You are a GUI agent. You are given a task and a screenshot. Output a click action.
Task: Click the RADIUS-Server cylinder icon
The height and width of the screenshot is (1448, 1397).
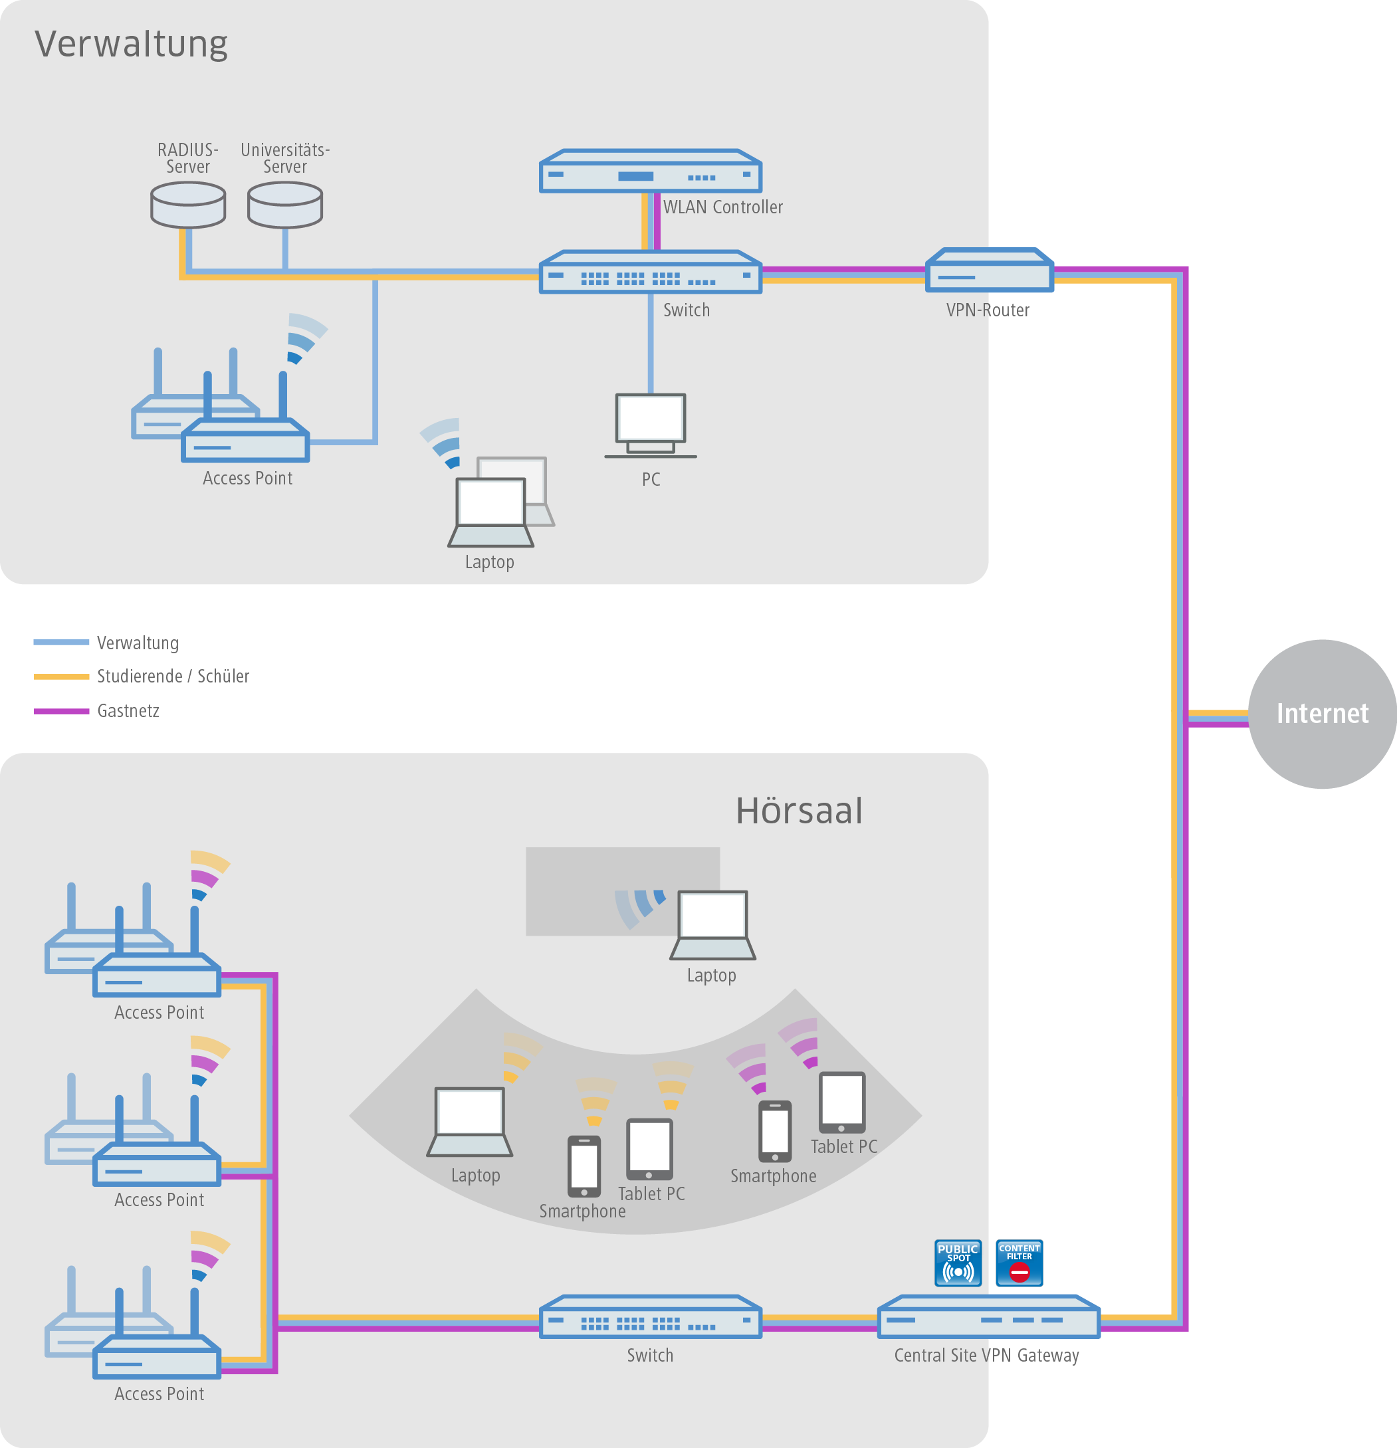tap(187, 205)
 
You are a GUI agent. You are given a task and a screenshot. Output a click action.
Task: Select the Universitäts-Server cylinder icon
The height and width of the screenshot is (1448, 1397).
tap(285, 205)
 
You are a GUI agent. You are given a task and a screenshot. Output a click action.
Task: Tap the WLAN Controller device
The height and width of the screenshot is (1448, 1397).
tap(650, 171)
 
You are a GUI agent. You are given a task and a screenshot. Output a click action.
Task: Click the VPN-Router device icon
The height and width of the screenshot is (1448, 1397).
tap(989, 270)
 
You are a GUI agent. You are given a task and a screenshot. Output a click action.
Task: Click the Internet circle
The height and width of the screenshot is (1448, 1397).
tap(1322, 714)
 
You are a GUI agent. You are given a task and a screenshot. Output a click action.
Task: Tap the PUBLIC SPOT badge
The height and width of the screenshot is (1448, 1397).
tap(958, 1263)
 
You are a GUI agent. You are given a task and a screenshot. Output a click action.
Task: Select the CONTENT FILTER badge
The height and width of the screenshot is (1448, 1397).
tap(1019, 1263)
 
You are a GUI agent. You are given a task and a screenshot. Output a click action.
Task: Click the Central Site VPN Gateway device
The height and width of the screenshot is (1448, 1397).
tap(988, 1316)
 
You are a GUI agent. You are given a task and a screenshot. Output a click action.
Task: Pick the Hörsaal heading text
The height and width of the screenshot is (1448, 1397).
tap(799, 811)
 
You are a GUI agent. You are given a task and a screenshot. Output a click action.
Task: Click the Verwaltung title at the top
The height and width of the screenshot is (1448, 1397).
tap(131, 44)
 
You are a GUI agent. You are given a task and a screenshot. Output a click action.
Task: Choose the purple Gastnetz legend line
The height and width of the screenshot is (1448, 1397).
tap(61, 710)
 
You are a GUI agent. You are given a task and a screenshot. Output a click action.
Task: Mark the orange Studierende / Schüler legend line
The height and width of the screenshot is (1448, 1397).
tap(61, 676)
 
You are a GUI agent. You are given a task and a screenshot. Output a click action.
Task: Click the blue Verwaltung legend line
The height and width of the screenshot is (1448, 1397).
tap(61, 642)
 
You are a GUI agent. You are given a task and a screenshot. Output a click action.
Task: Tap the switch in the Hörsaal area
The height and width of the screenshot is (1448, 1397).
tap(650, 1316)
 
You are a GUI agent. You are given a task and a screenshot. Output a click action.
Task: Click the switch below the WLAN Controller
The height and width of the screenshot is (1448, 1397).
tap(650, 272)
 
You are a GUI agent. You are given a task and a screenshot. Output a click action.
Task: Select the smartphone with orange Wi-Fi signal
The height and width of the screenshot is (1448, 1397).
tap(584, 1166)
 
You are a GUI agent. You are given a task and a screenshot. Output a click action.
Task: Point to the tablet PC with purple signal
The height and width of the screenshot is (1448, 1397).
tap(841, 1102)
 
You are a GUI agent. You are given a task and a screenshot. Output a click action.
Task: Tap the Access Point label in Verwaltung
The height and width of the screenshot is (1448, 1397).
tap(247, 478)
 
